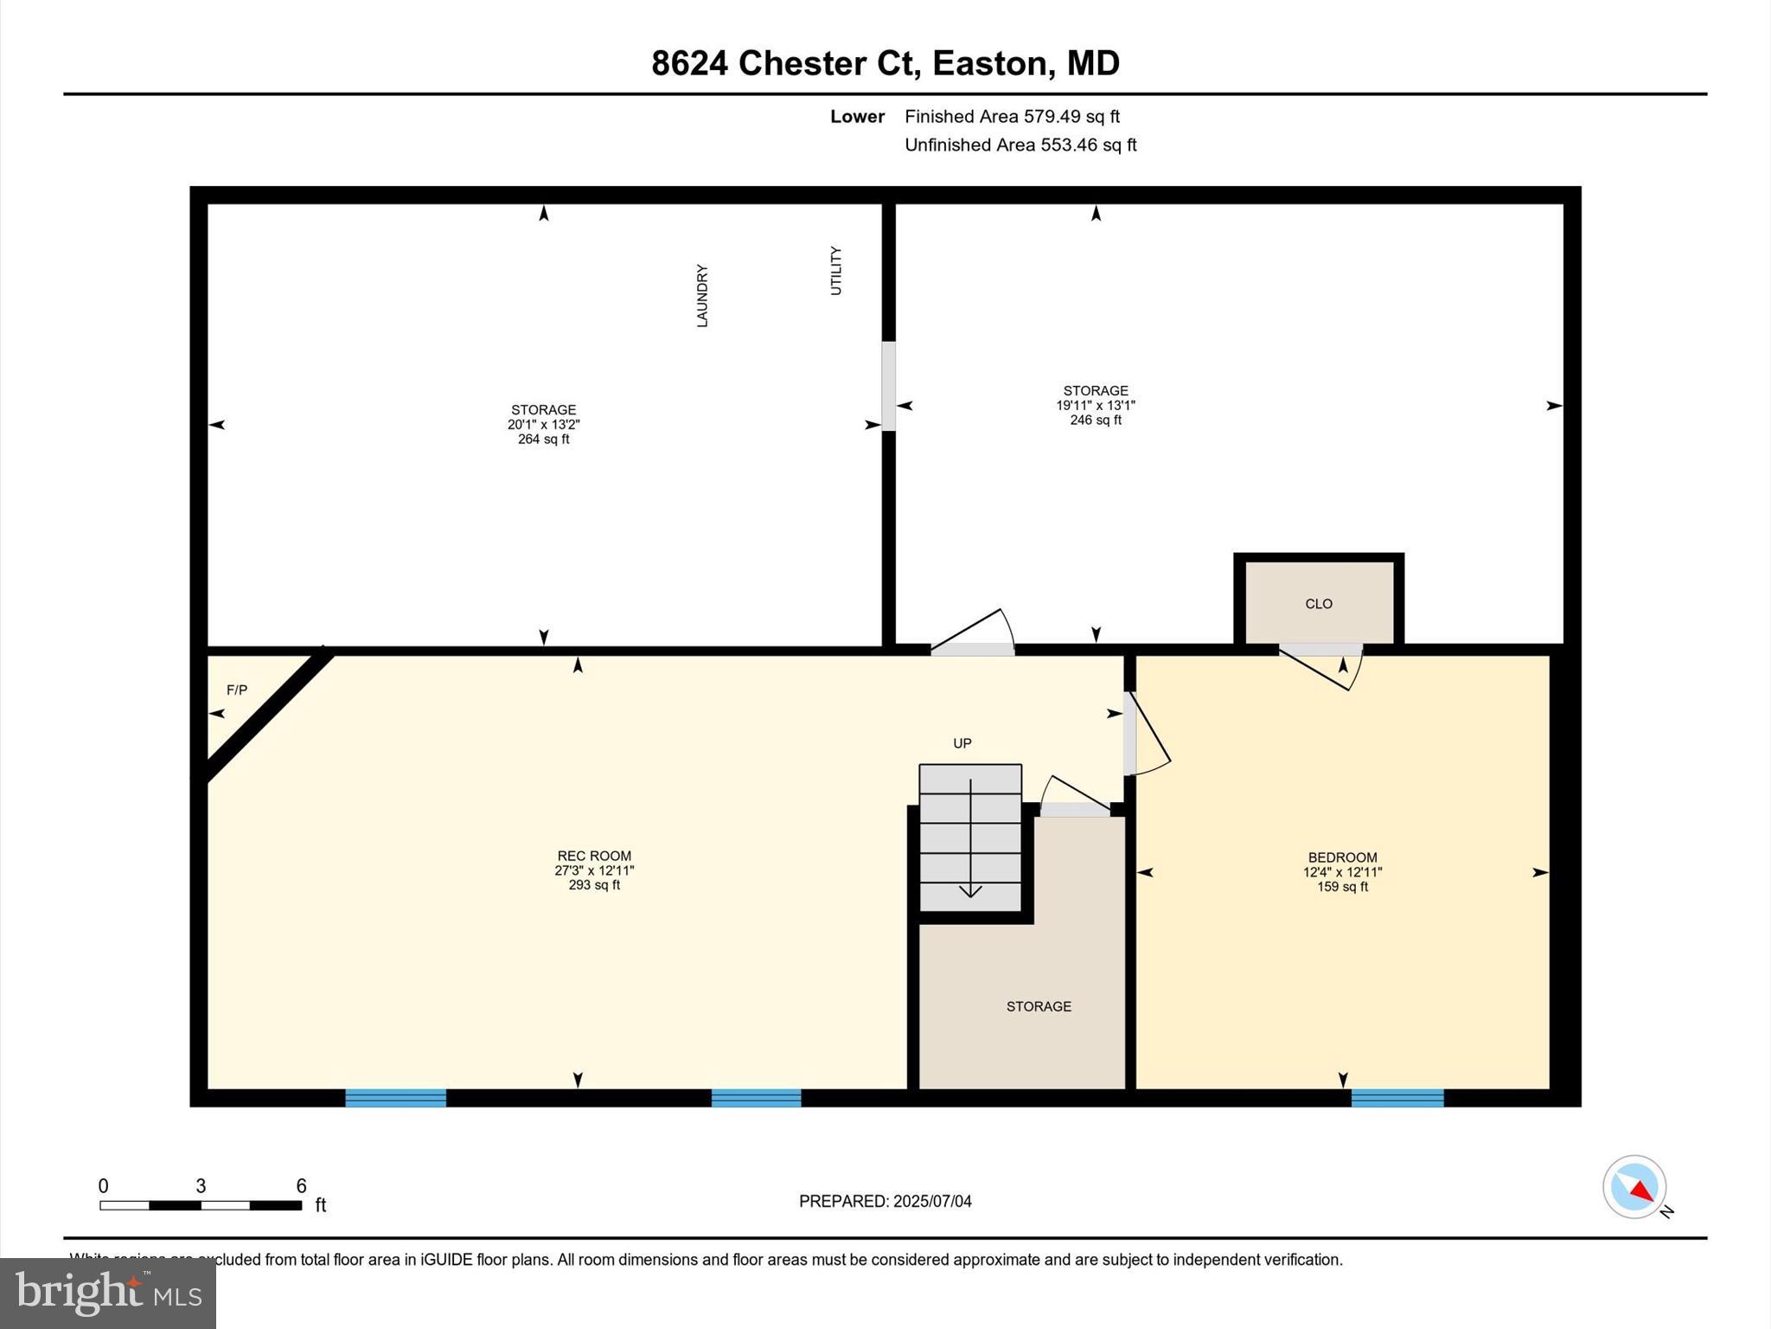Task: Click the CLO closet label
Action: click(x=1318, y=604)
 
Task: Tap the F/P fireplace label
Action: click(x=236, y=690)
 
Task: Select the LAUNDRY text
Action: click(x=702, y=296)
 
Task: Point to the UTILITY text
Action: click(x=835, y=271)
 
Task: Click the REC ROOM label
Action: click(x=594, y=856)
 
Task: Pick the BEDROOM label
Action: click(x=1342, y=857)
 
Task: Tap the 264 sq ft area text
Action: click(x=543, y=440)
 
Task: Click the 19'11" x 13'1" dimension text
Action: click(x=1095, y=405)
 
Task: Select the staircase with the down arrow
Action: click(x=970, y=838)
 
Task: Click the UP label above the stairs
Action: click(x=962, y=743)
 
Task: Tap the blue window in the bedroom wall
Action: click(x=1397, y=1098)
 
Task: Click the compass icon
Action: click(x=1634, y=1187)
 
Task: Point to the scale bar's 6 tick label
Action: click(x=301, y=1185)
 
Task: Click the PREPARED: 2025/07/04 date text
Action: click(x=885, y=1201)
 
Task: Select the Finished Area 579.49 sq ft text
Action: click(x=1012, y=116)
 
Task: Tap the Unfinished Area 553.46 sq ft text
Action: click(x=1020, y=144)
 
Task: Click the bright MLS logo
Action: click(x=108, y=1293)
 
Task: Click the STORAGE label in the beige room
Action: click(x=1039, y=1006)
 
